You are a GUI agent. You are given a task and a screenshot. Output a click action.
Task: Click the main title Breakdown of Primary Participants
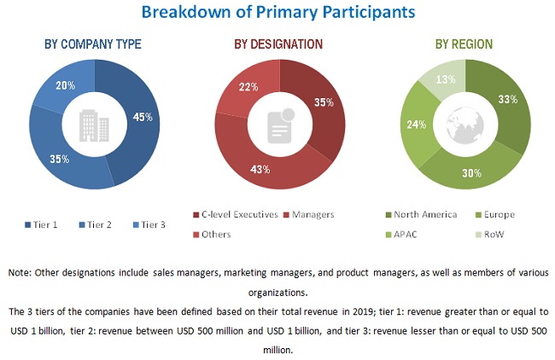[x=278, y=12]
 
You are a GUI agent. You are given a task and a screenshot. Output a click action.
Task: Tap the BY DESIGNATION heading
[x=278, y=44]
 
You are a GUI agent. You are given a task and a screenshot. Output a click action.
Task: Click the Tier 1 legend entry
[x=44, y=225]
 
